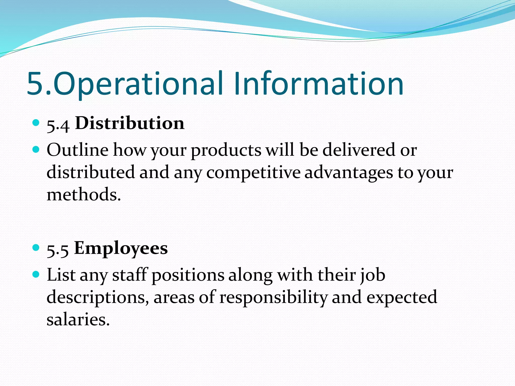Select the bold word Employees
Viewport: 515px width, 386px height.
121,248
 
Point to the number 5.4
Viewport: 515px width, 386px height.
58,125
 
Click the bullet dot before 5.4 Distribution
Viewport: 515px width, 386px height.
36,123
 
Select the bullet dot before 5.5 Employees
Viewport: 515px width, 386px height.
36,248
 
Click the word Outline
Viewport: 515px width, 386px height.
77,150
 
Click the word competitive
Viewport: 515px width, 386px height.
253,173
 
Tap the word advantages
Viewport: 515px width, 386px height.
349,173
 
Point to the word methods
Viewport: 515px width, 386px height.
83,195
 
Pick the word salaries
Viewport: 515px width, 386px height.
78,319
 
